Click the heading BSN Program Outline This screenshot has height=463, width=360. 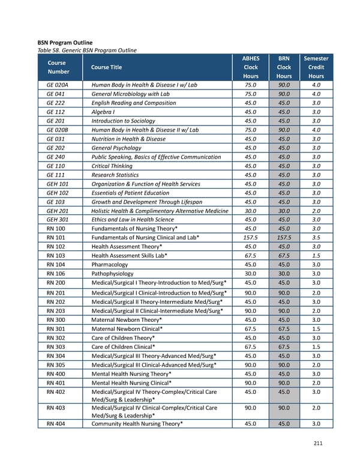pos(65,43)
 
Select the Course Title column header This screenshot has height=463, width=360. pos(106,67)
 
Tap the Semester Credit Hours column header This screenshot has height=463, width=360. pos(316,67)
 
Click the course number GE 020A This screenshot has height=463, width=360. pos(57,85)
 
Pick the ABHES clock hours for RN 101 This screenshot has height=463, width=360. pos(251,237)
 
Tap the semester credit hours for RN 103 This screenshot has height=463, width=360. pos(316,255)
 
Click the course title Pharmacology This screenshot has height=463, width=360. pos(109,264)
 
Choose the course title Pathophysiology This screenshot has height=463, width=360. pos(113,273)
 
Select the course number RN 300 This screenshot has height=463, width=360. pos(56,320)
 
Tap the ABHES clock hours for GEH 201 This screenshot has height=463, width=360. pos(251,211)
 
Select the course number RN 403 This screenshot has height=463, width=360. pos(56,407)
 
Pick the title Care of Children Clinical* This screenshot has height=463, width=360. pos(123,347)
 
